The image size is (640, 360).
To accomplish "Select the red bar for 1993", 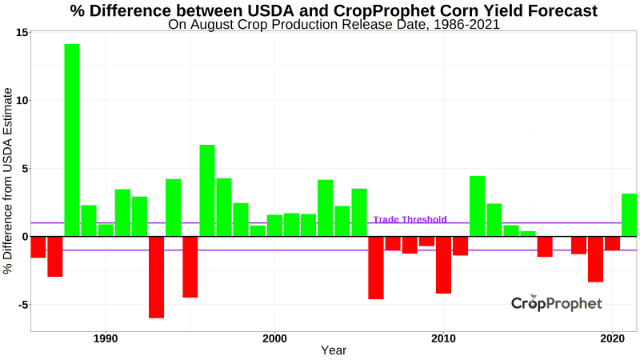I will (x=156, y=277).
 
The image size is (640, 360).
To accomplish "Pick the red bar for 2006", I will (x=376, y=267).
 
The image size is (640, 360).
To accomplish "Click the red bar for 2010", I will (x=443, y=265).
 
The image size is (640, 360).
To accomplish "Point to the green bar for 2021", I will (x=629, y=214).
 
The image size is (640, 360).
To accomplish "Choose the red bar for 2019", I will (x=595, y=259).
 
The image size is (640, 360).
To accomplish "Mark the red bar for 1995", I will (x=190, y=266).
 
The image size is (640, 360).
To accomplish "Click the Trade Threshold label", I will (x=410, y=220).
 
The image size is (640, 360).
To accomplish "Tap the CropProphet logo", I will (x=557, y=303).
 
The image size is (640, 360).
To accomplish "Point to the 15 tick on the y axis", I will (x=22, y=32).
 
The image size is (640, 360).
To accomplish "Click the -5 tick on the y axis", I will (x=22, y=305).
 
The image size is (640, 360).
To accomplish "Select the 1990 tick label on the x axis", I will (x=106, y=338).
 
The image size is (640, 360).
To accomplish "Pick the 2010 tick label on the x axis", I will (x=443, y=338).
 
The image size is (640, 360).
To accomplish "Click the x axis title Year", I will (x=334, y=350).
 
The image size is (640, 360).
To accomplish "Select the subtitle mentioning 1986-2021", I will (x=334, y=24).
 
